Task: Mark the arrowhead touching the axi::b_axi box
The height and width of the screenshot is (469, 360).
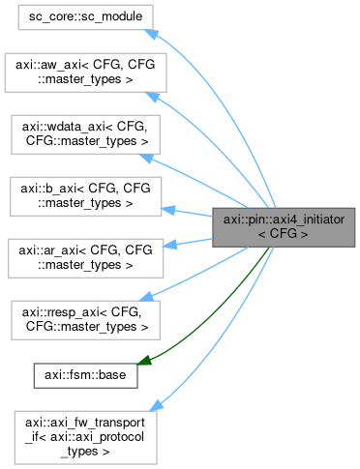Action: pyautogui.click(x=167, y=207)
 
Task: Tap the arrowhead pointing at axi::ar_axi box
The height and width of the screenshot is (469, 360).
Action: pyautogui.click(x=167, y=248)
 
